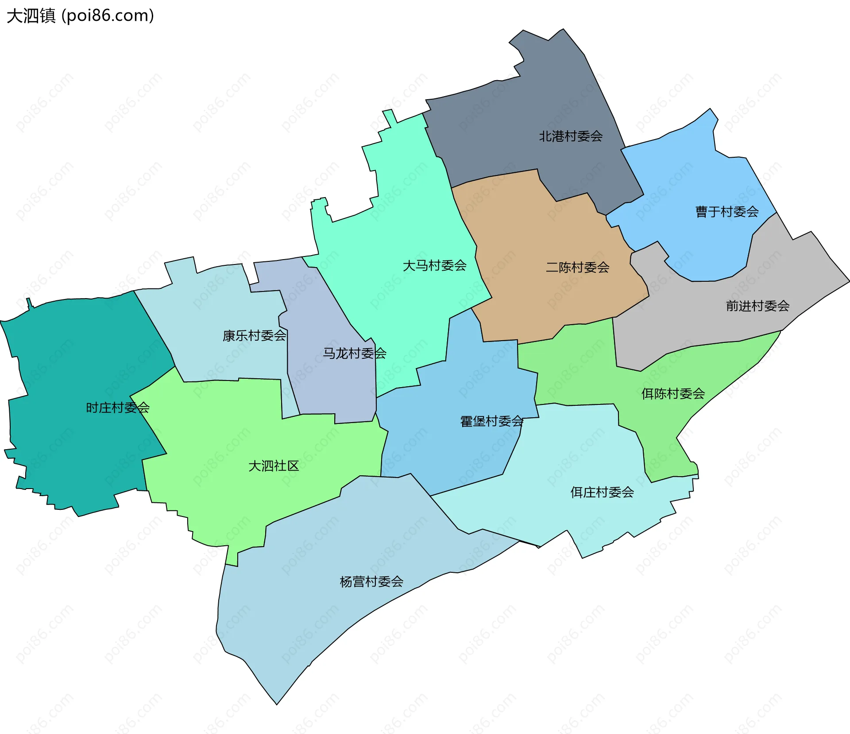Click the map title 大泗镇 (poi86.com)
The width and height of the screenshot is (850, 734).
pos(80,16)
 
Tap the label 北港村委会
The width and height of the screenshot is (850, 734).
pos(571,136)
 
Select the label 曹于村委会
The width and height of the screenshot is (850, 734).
pos(727,212)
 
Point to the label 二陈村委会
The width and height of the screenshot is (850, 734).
pos(577,268)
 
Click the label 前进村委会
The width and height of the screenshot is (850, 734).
pos(757,306)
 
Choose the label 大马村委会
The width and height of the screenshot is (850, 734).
pos(434,266)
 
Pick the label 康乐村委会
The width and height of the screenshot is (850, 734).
pos(254,336)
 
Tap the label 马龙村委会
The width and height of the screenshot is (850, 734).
pos(354,353)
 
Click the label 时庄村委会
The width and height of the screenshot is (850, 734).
pos(117,408)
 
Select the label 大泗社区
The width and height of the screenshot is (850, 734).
pos(274,466)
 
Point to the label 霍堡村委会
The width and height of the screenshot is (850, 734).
pos(492,421)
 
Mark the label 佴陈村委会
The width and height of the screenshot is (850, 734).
pos(673,394)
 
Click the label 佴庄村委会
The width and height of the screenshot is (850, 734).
pos(602,492)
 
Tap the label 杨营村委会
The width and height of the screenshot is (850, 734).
pos(371,582)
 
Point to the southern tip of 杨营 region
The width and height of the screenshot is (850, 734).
pos(277,702)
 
